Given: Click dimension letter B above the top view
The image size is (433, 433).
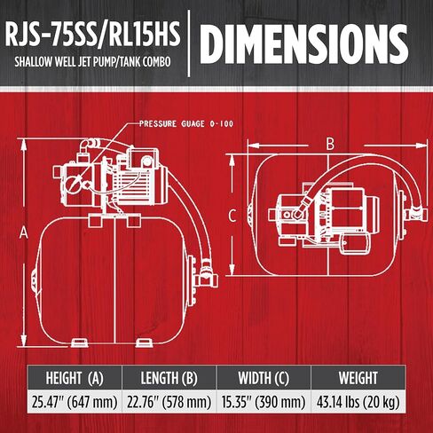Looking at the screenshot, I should coord(330,143).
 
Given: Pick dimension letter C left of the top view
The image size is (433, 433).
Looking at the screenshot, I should coord(231,215).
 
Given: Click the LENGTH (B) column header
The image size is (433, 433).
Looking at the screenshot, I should coord(169,377).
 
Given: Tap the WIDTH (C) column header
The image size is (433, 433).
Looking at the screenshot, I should coord(264,377).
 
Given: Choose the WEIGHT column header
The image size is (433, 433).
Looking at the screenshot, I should coord(359,377).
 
